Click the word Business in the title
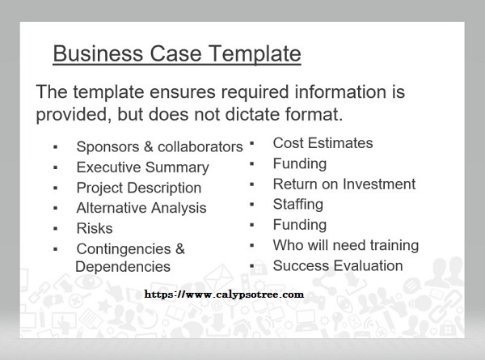point(98,53)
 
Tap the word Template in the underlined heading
point(255,54)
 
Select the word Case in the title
point(175,53)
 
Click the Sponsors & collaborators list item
point(159,146)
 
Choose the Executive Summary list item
point(142,167)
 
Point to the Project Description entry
point(139,188)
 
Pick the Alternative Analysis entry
point(141,208)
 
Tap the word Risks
point(95,228)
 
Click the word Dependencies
point(123,266)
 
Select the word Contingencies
point(124,249)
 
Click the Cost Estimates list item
point(323,143)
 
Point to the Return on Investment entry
point(344,184)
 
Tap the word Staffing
point(298,205)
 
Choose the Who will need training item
point(346,245)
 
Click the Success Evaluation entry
point(338,266)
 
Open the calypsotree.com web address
point(224,294)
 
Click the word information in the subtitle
point(340,92)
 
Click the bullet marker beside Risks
point(56,229)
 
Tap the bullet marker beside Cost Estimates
point(252,144)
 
